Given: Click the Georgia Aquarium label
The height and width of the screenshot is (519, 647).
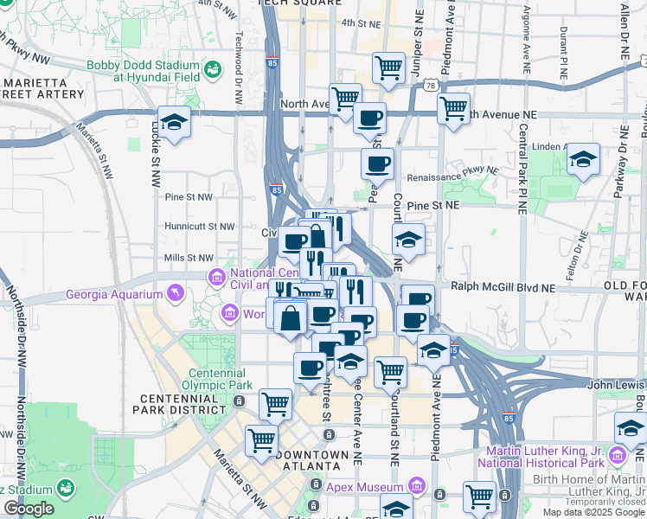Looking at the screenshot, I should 114,295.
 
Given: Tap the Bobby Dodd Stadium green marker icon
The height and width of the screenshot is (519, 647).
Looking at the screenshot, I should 213,67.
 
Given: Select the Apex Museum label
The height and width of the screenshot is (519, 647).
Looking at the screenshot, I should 366,486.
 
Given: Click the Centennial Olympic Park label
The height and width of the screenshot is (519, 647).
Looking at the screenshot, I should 221,379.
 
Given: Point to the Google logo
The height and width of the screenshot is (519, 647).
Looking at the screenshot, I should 29,509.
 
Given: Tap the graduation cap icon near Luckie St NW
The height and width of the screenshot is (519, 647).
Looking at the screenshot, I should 174,122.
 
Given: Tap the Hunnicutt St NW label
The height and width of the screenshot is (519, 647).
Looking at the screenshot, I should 200,227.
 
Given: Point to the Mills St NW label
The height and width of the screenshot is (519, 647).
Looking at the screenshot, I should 189,258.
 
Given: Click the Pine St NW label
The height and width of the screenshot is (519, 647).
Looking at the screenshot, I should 188,197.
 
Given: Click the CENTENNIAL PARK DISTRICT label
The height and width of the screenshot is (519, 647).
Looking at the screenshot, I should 177,408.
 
